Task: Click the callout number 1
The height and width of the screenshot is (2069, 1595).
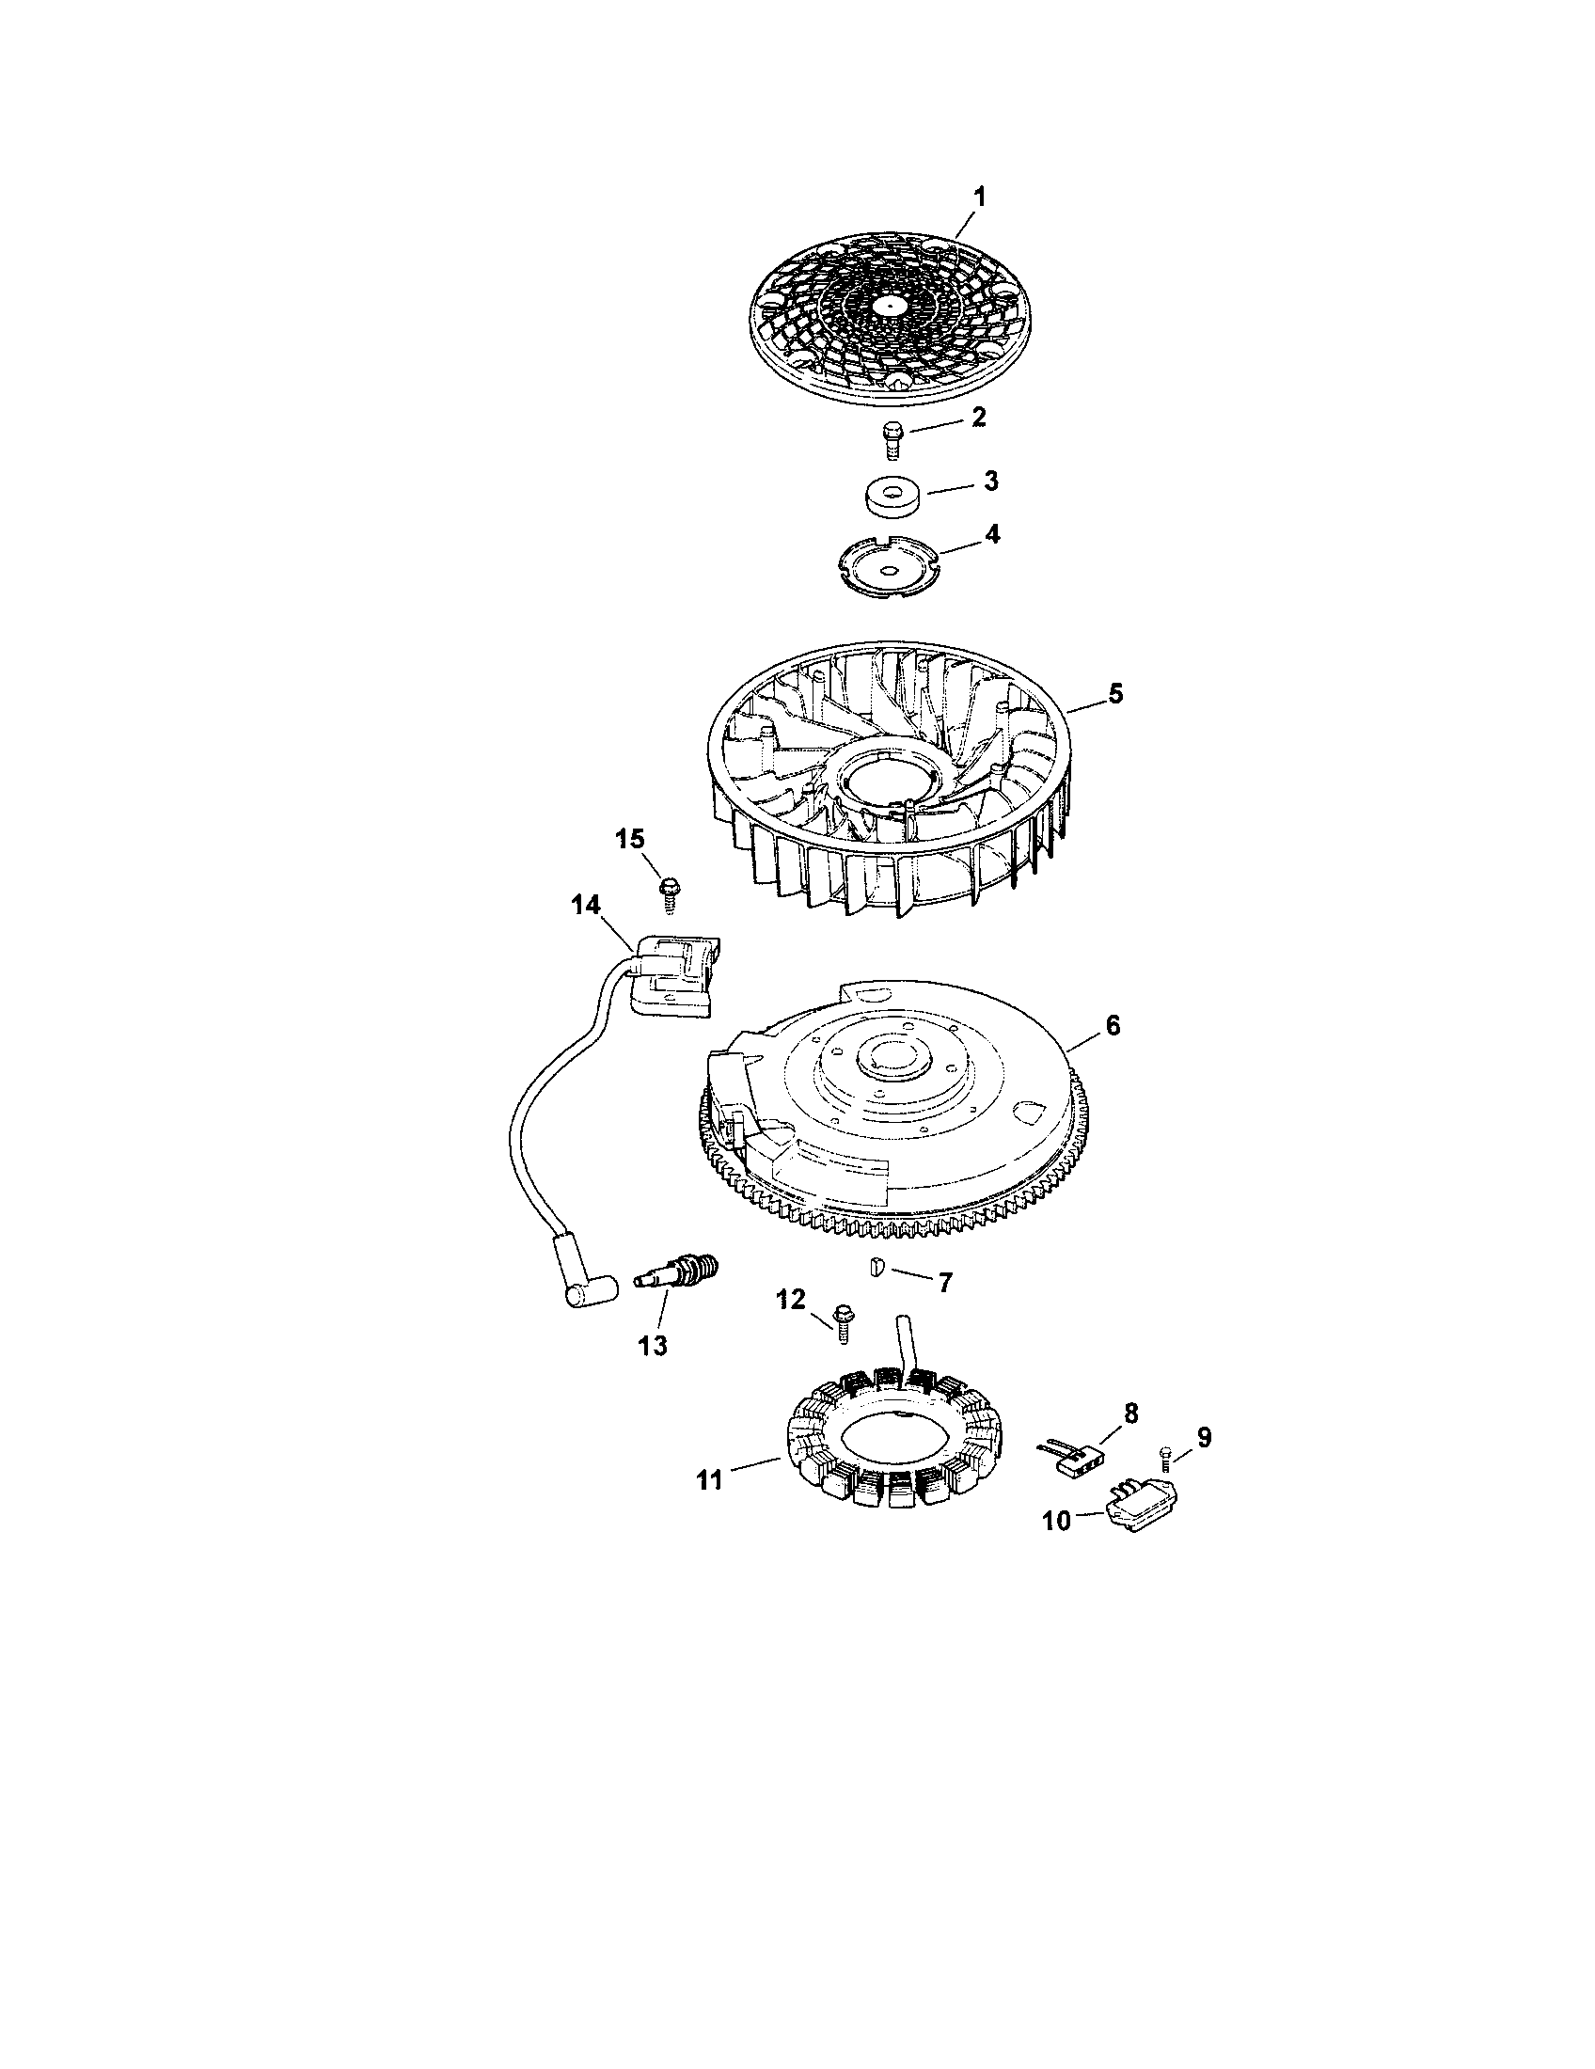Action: coord(980,197)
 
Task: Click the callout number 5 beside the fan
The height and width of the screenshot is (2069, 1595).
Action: coord(1115,693)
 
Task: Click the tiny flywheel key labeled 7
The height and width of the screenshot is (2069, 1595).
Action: coord(877,1266)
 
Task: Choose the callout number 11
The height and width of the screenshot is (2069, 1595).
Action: coord(709,1479)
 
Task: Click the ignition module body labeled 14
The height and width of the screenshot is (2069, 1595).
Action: coord(677,981)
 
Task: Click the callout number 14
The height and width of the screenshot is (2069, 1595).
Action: coord(584,906)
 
